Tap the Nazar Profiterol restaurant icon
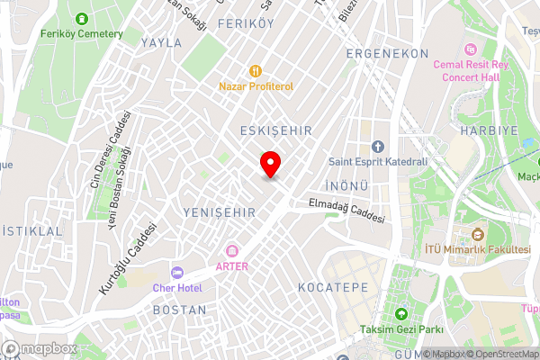[256, 69]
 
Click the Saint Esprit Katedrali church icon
[377, 147]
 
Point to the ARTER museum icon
[232, 249]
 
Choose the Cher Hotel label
[191, 287]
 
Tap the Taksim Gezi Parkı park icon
[401, 314]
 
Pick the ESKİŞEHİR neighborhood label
[276, 131]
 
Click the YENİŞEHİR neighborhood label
[220, 212]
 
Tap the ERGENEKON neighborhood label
[388, 54]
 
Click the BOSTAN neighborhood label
[180, 310]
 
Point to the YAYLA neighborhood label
[162, 42]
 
